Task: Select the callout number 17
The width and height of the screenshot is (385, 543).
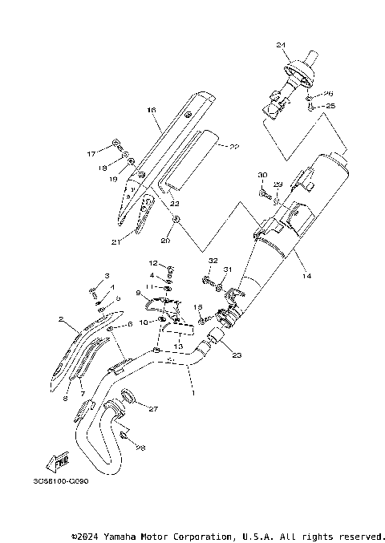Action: pos(91,152)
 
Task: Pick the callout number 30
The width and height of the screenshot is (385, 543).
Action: pos(261,175)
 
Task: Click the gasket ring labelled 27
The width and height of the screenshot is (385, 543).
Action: pos(127,396)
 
